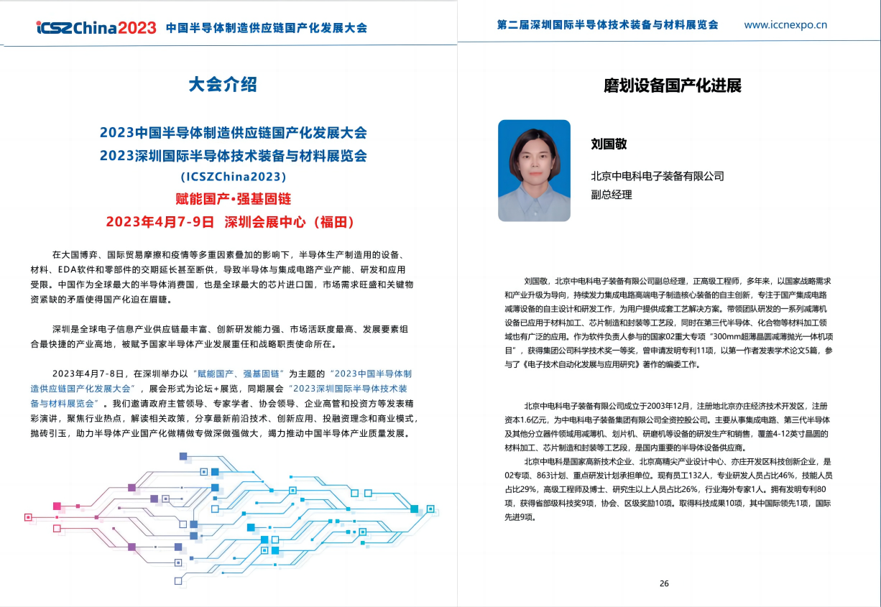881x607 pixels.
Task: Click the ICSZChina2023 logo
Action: coord(96,28)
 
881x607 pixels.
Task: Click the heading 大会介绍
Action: coord(223,85)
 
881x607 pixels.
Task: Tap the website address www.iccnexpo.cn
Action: coord(785,24)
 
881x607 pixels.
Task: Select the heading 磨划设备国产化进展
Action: coord(673,86)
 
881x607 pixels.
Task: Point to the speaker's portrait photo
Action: coord(534,170)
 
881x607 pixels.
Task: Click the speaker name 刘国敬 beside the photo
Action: coord(609,144)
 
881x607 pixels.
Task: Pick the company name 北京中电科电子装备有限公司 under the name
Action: coord(657,176)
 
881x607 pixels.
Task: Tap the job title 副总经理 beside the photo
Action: coord(611,195)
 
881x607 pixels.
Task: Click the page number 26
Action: coord(663,583)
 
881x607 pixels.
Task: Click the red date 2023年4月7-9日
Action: coord(160,221)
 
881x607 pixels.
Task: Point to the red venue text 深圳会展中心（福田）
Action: coord(290,221)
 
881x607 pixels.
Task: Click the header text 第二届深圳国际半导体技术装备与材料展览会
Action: coord(607,24)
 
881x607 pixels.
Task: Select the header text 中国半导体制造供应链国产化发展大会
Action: coord(267,28)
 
